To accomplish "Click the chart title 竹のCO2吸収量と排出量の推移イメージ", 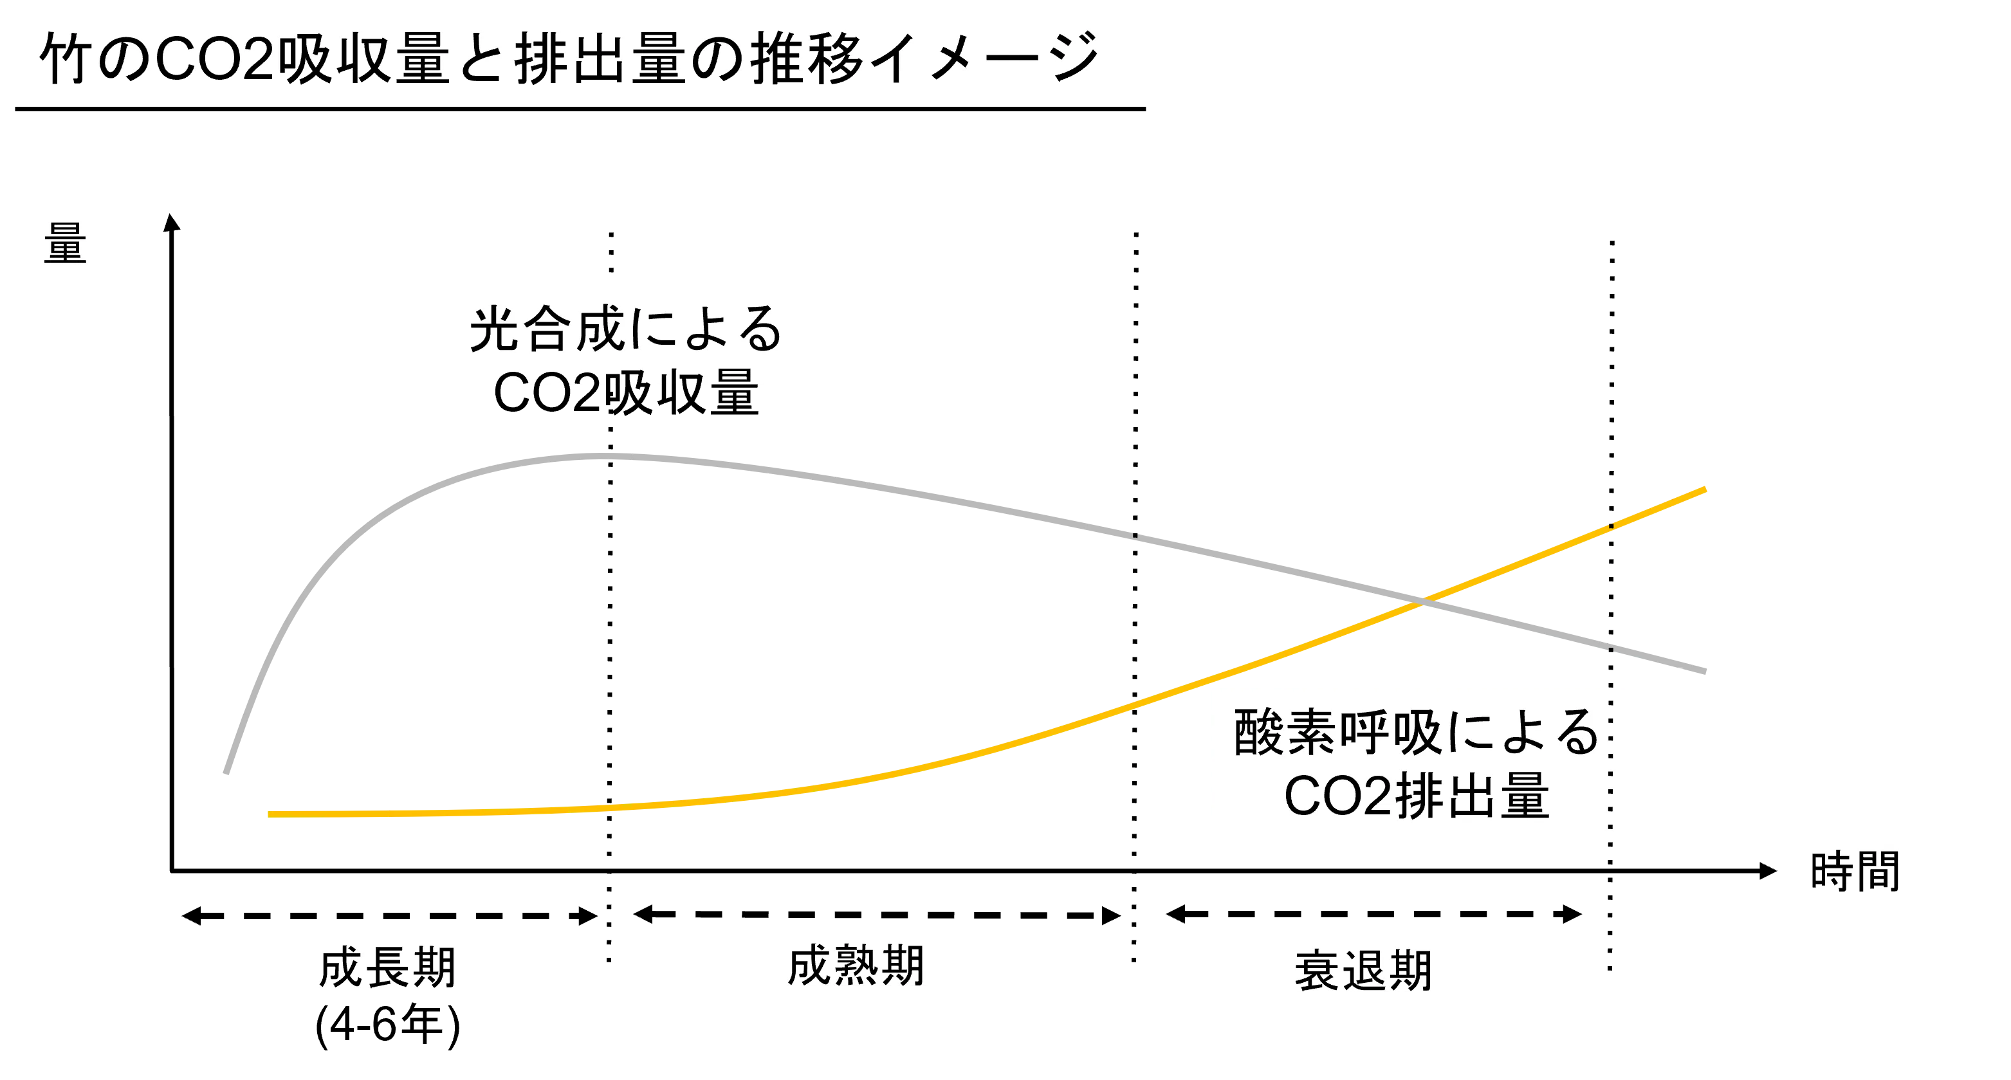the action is click(569, 59).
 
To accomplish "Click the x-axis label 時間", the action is click(1855, 871).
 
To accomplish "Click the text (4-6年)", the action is click(388, 1024).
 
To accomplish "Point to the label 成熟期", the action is click(856, 966).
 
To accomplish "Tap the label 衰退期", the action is click(1363, 971).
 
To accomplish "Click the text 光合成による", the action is click(625, 329).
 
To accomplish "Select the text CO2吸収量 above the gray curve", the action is click(626, 392).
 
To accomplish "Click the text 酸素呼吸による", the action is click(1416, 732).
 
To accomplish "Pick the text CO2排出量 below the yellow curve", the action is click(1416, 796).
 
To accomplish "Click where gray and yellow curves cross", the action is click(1422, 601).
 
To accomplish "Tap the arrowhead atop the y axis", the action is click(172, 222).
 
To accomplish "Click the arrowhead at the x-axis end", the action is click(1768, 871).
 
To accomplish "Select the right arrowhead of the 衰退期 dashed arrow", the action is click(1572, 914).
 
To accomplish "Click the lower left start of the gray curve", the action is click(226, 773).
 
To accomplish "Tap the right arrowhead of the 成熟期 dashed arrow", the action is click(1112, 915).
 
